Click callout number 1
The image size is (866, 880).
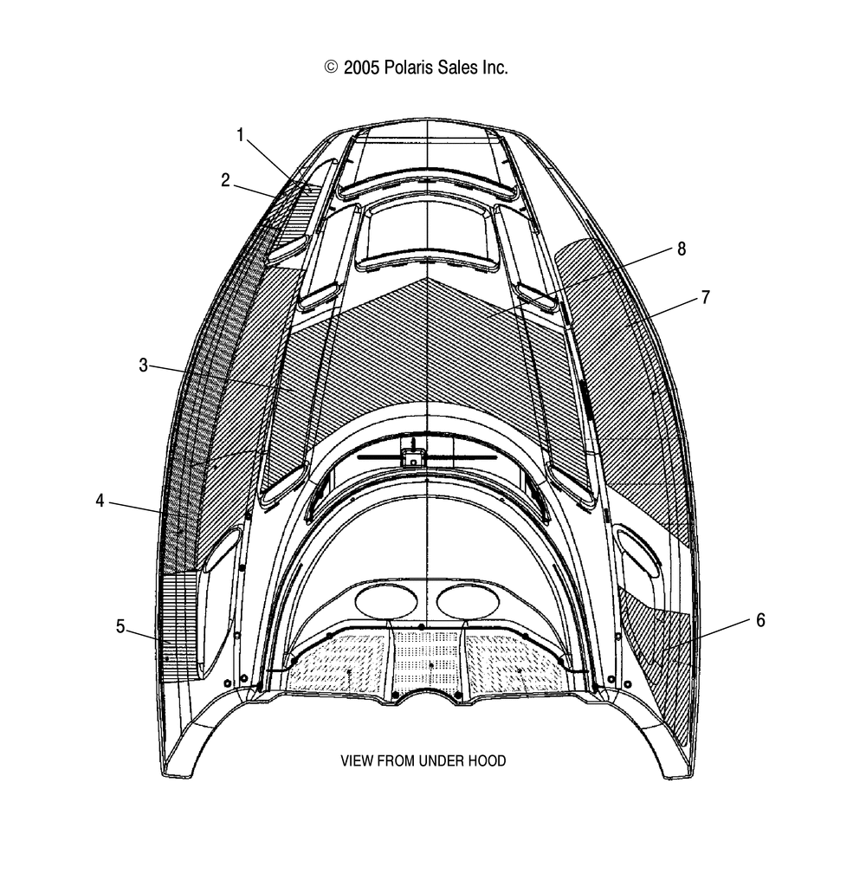click(240, 135)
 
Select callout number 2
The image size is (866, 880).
click(225, 180)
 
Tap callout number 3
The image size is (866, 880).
click(143, 366)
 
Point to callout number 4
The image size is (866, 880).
click(100, 500)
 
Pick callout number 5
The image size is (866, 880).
click(120, 626)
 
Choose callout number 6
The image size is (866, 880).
click(760, 620)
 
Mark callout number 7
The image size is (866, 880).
click(706, 297)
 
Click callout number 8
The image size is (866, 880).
click(682, 249)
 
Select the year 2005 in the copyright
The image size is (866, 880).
click(361, 68)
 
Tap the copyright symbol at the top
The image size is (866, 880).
click(331, 68)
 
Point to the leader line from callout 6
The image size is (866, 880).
click(706, 636)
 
